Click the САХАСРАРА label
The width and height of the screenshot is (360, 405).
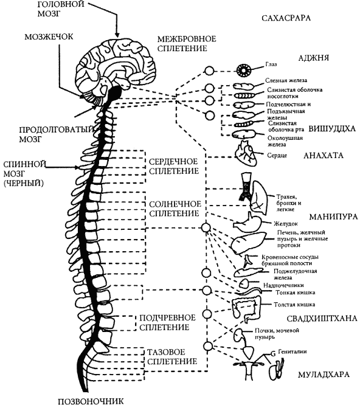(x=286, y=18)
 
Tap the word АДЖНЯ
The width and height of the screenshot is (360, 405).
(x=314, y=58)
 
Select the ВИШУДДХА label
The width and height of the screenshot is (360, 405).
(x=332, y=128)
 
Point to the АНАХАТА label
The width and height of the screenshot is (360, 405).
(x=324, y=155)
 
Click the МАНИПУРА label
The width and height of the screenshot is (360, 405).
(x=333, y=216)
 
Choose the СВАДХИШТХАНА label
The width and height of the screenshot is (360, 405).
(x=322, y=319)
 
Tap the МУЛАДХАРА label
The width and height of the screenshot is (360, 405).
(x=324, y=374)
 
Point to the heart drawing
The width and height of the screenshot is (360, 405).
(x=246, y=153)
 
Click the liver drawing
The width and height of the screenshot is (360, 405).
(x=247, y=243)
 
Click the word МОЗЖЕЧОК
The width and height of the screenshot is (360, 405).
(x=49, y=36)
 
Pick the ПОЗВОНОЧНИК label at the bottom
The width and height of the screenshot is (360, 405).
(x=91, y=401)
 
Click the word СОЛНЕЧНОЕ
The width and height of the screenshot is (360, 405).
(x=175, y=204)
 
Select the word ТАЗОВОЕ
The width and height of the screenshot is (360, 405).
(x=166, y=352)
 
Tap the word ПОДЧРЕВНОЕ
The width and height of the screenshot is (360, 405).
(x=168, y=317)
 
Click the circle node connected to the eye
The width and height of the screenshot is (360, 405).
(x=209, y=71)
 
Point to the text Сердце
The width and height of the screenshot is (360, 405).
(x=277, y=156)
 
